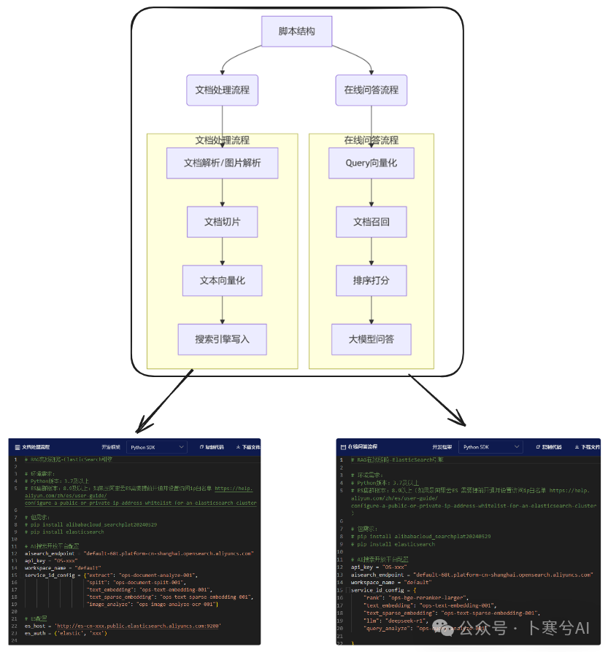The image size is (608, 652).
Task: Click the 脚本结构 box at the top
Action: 297,31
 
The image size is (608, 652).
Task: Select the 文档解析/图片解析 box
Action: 222,163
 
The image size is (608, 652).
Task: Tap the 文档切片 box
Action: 222,222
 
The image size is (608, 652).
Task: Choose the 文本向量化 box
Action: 222,280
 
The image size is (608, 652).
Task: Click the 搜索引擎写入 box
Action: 222,339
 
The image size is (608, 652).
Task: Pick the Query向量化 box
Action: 372,163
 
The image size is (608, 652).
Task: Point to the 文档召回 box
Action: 372,222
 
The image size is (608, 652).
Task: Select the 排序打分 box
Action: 372,280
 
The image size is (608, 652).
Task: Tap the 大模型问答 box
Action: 372,339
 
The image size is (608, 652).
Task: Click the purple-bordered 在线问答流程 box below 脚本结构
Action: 372,90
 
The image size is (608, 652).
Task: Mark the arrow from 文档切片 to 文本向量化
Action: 222,251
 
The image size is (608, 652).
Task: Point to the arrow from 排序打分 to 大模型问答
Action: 372,310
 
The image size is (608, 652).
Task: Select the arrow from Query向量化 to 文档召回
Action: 372,193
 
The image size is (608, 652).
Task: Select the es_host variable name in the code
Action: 36,625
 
